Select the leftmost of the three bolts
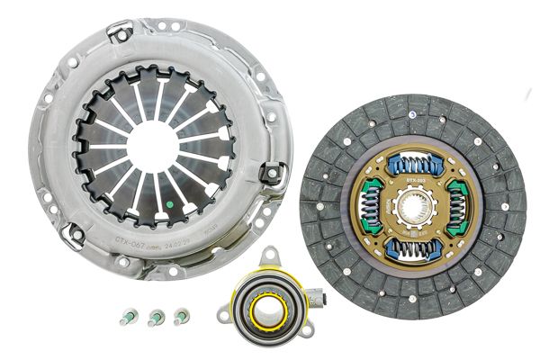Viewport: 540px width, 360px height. point(128,318)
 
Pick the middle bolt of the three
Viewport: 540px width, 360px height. point(156,317)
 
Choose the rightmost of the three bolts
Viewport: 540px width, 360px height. point(182,316)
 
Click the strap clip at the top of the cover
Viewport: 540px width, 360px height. point(119,33)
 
